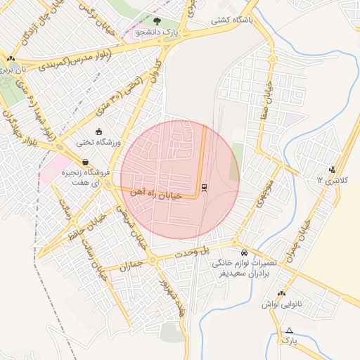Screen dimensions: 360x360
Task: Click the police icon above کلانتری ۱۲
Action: click(x=332, y=169)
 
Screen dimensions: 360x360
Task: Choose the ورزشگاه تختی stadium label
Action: click(x=98, y=143)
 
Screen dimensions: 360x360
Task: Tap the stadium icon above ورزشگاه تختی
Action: click(x=98, y=131)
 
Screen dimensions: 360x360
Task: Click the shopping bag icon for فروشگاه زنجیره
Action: click(x=85, y=162)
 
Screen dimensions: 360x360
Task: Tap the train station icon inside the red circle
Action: click(x=204, y=188)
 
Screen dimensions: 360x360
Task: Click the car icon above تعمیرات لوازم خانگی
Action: click(x=244, y=252)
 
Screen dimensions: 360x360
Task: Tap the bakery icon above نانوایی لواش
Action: click(x=281, y=293)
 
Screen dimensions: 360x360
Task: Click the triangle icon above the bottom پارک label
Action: click(x=288, y=330)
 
